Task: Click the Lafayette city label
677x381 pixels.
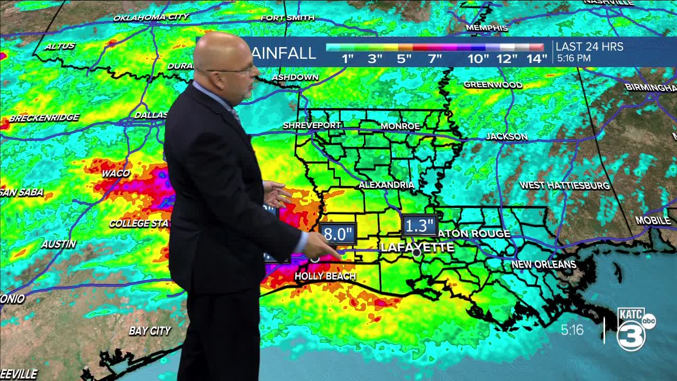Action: pyautogui.click(x=417, y=247)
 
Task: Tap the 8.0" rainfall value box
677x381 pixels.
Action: pyautogui.click(x=338, y=234)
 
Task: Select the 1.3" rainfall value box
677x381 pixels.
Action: pyautogui.click(x=419, y=226)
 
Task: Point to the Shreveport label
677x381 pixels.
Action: pyautogui.click(x=312, y=125)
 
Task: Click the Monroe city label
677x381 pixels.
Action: pyautogui.click(x=400, y=126)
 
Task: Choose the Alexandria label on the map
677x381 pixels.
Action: pyautogui.click(x=386, y=185)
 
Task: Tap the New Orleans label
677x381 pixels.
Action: pyautogui.click(x=543, y=264)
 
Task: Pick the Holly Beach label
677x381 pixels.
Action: pyautogui.click(x=325, y=276)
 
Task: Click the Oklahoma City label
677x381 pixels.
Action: pyautogui.click(x=151, y=17)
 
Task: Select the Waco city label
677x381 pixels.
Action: pyautogui.click(x=115, y=173)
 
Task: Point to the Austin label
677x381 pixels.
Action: pyautogui.click(x=59, y=244)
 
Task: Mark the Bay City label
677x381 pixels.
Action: pyautogui.click(x=150, y=331)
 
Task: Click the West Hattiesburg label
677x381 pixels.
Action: pyautogui.click(x=564, y=185)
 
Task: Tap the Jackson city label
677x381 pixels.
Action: pyautogui.click(x=507, y=137)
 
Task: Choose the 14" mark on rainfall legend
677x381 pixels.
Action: pyautogui.click(x=536, y=59)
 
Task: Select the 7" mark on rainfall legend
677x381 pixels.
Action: pyautogui.click(x=435, y=59)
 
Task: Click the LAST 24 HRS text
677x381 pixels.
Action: pyautogui.click(x=589, y=47)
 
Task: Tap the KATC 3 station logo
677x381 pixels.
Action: pyautogui.click(x=635, y=328)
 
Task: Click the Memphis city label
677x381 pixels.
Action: pyautogui.click(x=487, y=28)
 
